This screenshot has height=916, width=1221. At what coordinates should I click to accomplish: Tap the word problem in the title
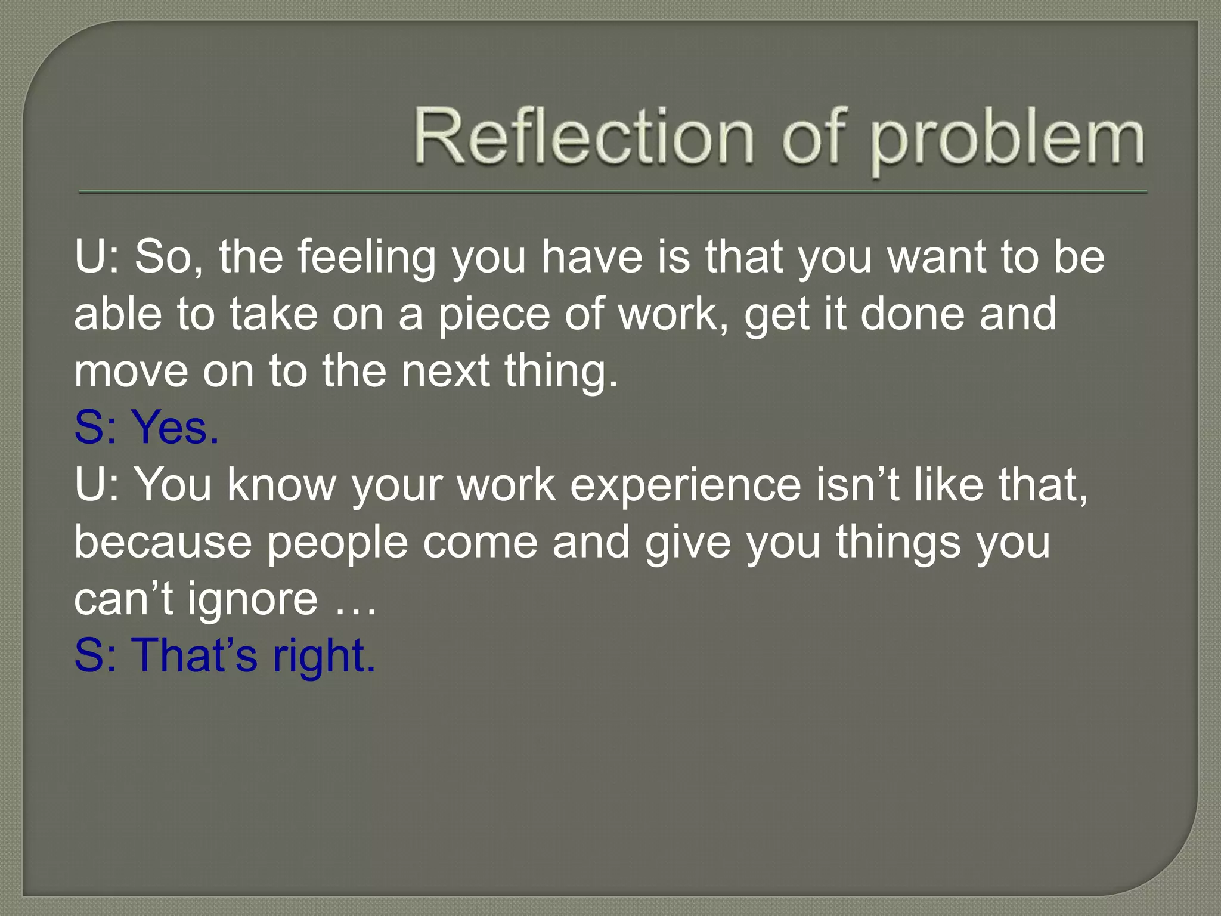point(1008,141)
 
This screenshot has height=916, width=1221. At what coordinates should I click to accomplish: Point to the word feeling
point(367,258)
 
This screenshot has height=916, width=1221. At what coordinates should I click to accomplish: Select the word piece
point(494,315)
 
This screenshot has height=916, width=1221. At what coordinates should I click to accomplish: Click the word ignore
point(253,600)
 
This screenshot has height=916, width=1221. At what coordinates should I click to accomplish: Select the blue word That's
point(194,656)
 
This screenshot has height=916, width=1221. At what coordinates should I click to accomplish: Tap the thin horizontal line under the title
point(613,192)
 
